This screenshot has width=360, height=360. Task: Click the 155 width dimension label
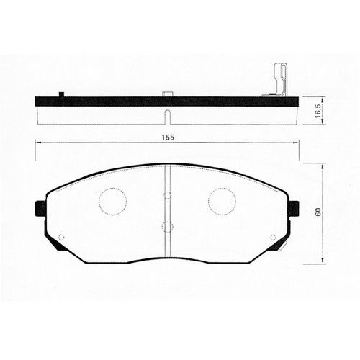168,138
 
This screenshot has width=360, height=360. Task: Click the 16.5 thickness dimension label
318,111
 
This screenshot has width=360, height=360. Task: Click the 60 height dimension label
318,212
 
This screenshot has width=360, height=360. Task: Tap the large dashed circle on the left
112,202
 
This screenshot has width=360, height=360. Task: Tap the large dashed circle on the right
222,202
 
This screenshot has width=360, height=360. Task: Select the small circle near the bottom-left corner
61,238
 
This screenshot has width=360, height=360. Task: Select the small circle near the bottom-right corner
273,238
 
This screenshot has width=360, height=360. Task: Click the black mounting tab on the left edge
40,208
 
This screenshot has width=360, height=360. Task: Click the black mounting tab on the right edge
294,208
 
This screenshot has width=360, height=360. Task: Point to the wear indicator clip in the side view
280,80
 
